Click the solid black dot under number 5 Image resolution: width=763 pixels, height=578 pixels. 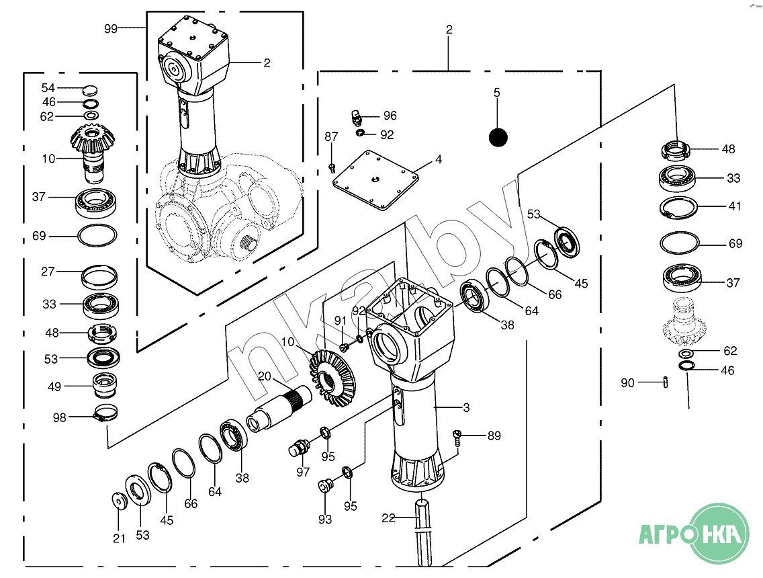(498, 137)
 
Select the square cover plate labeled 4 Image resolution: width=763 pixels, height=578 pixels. (375, 180)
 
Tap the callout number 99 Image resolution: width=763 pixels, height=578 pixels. (111, 29)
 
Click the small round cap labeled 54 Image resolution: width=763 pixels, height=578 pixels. (91, 89)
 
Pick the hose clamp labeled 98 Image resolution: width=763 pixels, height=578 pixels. (105, 413)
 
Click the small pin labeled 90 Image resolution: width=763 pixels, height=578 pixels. (665, 382)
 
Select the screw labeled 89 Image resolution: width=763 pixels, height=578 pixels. (457, 438)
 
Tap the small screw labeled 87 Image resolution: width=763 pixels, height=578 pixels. (332, 168)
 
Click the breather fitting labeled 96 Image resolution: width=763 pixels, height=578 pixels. (357, 118)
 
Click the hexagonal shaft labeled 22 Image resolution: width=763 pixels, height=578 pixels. (423, 533)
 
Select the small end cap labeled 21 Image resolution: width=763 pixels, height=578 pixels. (119, 501)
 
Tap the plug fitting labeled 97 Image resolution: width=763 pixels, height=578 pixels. (298, 447)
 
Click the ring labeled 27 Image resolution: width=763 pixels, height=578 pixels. (99, 278)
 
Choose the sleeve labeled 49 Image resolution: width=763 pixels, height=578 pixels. (105, 385)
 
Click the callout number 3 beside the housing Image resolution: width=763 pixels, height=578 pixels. (466, 407)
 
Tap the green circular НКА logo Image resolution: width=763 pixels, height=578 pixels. (719, 534)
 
